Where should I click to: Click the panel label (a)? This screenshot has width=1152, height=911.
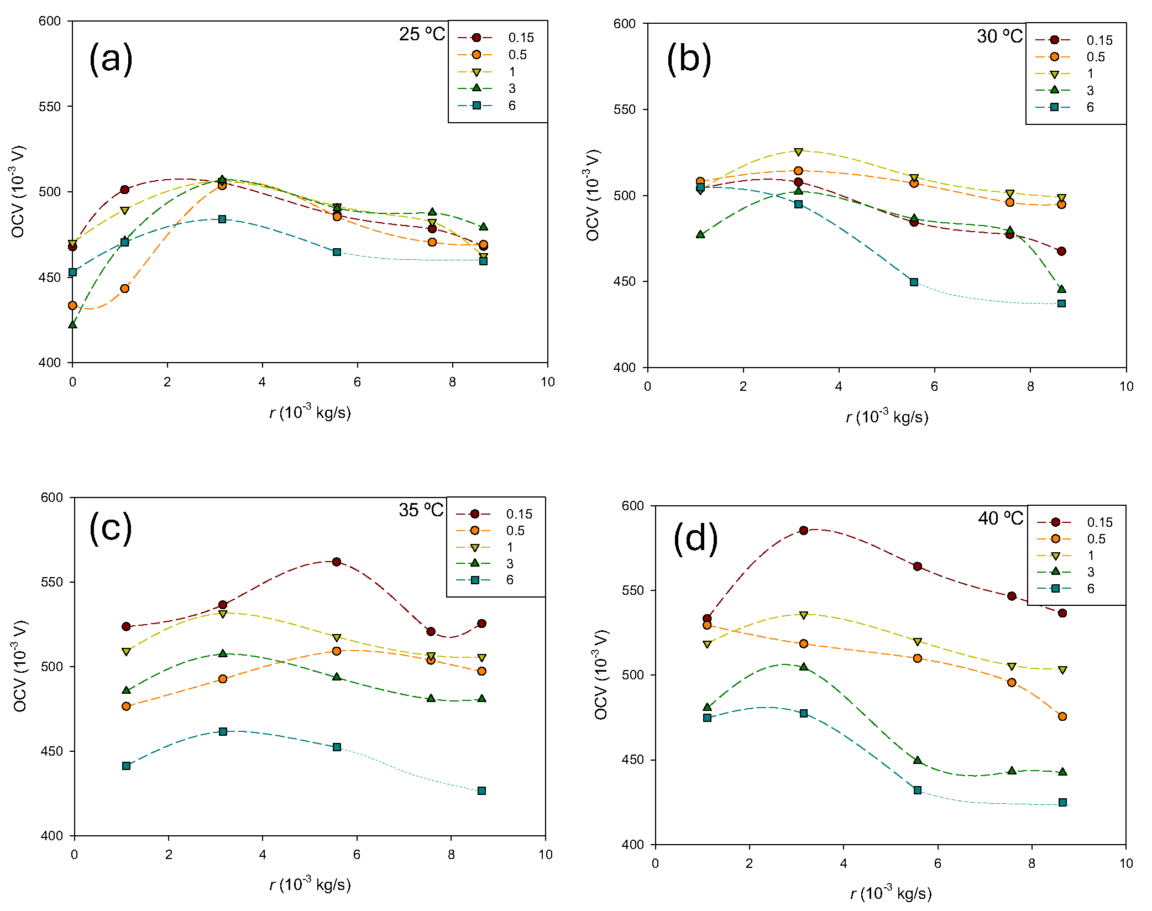[111, 58]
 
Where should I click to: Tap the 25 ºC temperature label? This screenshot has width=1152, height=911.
[422, 34]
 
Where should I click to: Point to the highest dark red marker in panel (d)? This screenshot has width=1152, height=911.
[804, 530]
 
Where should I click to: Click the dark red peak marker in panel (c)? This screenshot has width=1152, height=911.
[337, 562]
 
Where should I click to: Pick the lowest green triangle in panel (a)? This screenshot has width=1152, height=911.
[72, 324]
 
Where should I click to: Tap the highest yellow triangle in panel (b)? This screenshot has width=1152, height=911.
[798, 151]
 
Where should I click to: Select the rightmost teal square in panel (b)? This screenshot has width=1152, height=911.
[1061, 303]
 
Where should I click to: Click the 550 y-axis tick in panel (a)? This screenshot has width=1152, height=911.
[50, 106]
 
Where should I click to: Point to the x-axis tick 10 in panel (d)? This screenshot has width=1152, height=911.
[1126, 863]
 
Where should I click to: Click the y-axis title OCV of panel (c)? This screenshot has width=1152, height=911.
[20, 666]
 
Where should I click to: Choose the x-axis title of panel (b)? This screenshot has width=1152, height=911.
[887, 416]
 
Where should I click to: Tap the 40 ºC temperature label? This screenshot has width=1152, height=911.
[1001, 519]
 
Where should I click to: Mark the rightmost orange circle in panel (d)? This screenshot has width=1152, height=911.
[1062, 716]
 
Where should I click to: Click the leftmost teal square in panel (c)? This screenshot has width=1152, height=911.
[126, 766]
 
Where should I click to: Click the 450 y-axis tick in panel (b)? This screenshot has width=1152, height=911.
[625, 281]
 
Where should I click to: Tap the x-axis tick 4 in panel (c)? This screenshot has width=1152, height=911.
[263, 855]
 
